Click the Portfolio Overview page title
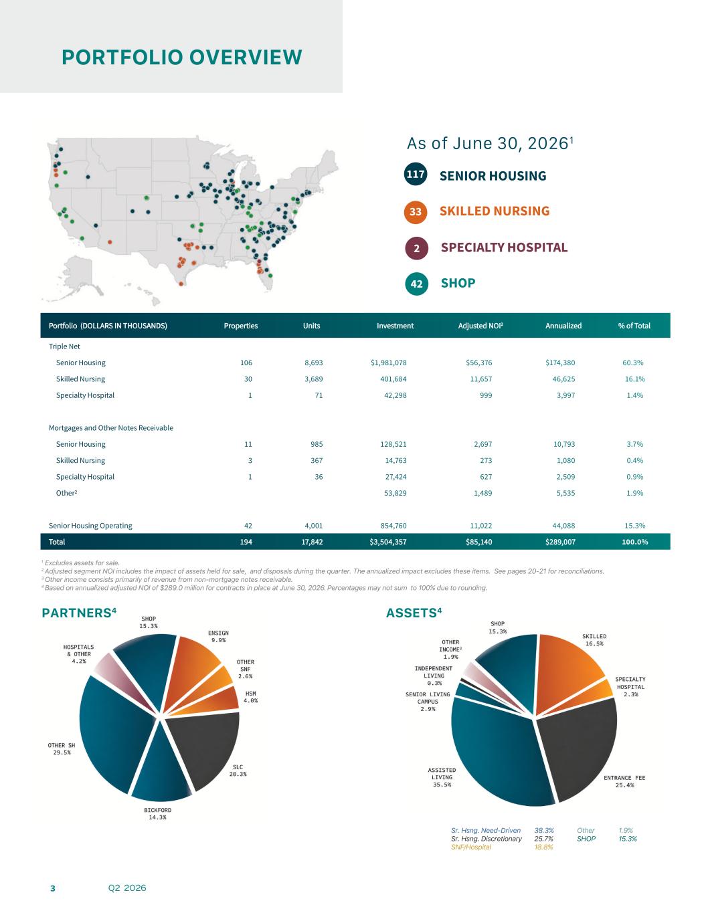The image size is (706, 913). tap(182, 57)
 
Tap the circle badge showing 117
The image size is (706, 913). tap(415, 174)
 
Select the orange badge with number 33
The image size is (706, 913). tap(415, 211)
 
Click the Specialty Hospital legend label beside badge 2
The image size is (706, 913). tap(504, 247)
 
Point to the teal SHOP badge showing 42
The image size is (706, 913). tap(416, 284)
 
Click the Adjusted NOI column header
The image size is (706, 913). tap(480, 326)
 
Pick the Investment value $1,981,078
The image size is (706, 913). tap(388, 363)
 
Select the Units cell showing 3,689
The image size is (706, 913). tap(313, 379)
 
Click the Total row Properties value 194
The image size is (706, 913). tap(246, 542)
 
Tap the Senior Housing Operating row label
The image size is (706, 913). tap(90, 526)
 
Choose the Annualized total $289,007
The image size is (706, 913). tap(560, 542)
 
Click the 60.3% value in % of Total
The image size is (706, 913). tap(633, 363)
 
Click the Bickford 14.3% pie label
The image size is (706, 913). tap(157, 813)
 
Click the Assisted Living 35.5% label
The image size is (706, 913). tap(442, 777)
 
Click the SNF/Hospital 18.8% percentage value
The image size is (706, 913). tap(543, 847)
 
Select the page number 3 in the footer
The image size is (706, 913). tap(52, 888)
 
